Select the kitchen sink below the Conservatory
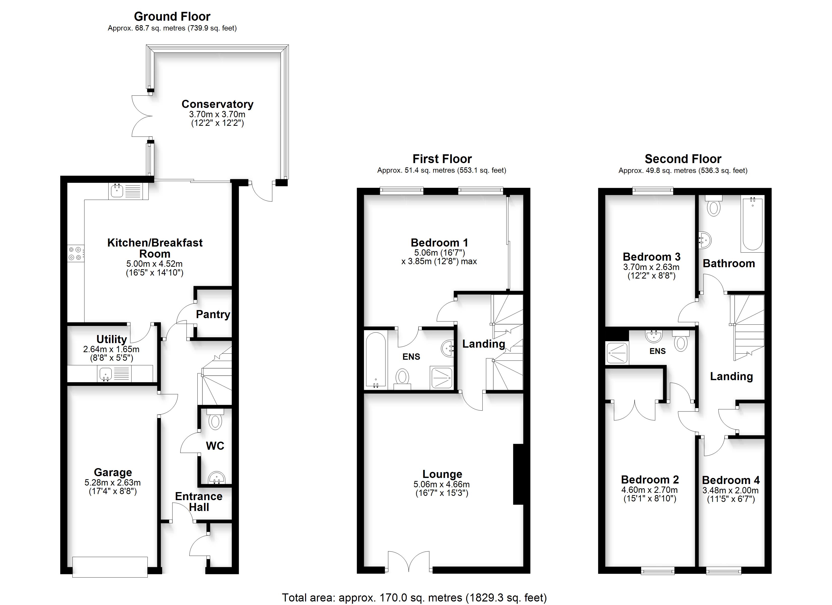128,191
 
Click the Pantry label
213,314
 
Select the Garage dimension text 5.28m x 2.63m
113,483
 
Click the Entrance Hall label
199,502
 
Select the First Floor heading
442,159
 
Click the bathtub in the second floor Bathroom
752,225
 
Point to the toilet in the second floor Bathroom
714,206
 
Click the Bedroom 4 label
731,480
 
